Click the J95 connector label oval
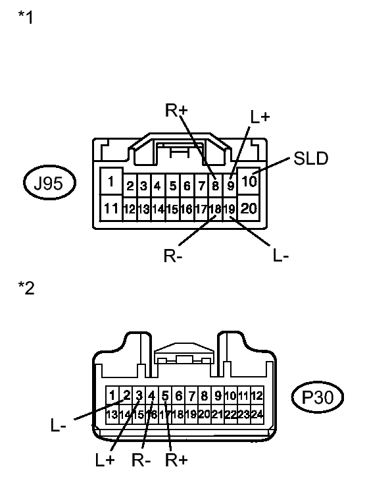pyautogui.click(x=49, y=183)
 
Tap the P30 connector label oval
pyautogui.click(x=318, y=397)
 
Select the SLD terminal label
pyautogui.click(x=310, y=159)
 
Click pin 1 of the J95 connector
pyautogui.click(x=110, y=181)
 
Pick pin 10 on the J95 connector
pyautogui.click(x=249, y=181)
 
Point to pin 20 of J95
pyautogui.click(x=249, y=208)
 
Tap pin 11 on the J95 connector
pyautogui.click(x=111, y=208)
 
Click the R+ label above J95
pyautogui.click(x=176, y=110)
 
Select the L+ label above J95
pyautogui.click(x=260, y=117)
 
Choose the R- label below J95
pyautogui.click(x=173, y=256)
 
